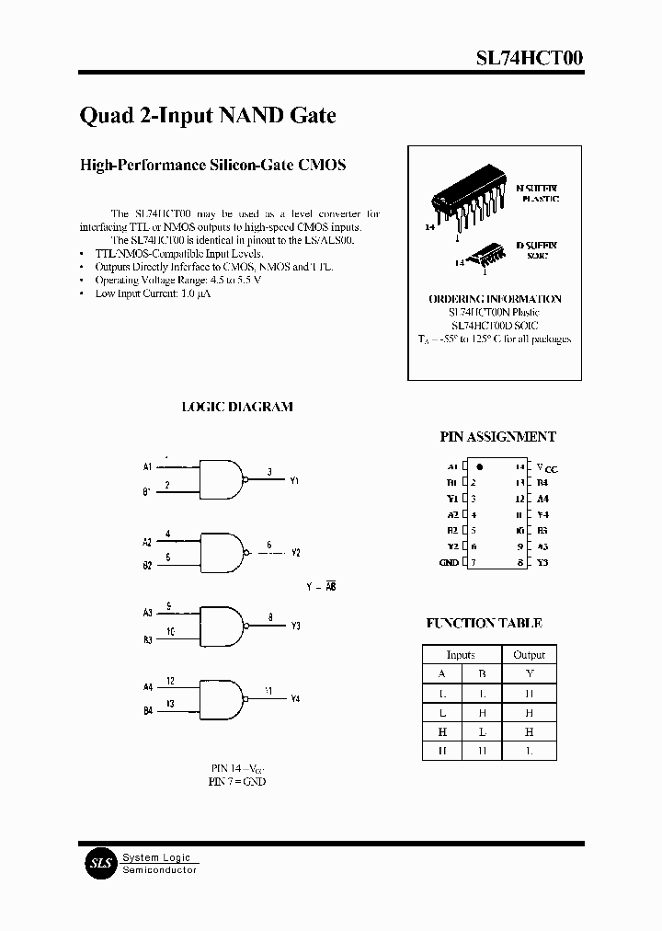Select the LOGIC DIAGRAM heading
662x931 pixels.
coord(237,407)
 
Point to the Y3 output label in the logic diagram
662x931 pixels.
coord(295,626)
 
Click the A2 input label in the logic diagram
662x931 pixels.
coord(147,543)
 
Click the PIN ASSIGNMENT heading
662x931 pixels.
coord(497,438)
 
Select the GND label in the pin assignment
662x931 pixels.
coord(449,562)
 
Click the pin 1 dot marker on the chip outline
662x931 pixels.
coord(480,468)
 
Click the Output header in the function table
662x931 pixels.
coord(529,655)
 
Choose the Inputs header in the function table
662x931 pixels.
coord(461,655)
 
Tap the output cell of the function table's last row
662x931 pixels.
coord(529,751)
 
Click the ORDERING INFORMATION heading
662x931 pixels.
coord(495,299)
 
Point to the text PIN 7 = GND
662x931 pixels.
coord(237,781)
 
